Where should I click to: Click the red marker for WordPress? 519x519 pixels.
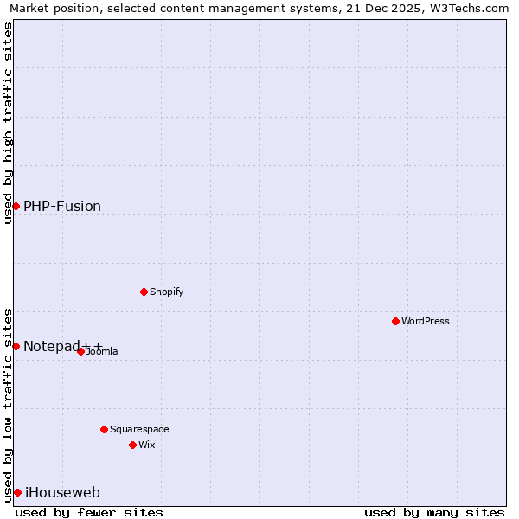395,321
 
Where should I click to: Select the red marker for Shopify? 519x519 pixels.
144,292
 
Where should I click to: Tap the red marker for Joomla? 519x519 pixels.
80,351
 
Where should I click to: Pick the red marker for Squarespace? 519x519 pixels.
104,429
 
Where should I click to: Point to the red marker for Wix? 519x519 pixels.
132,445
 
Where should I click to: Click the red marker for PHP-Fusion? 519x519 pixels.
16,206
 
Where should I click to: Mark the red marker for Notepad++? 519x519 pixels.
16,346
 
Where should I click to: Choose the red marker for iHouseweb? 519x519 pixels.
17,492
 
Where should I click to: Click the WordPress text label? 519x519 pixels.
426,321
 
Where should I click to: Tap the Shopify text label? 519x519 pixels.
166,292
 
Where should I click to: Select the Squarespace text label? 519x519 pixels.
139,429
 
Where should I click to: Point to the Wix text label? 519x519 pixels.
146,445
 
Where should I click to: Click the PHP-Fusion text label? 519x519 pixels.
62,206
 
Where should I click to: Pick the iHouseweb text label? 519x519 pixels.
62,492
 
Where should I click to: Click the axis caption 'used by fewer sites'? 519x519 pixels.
89,512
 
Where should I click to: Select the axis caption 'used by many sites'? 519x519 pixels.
434,512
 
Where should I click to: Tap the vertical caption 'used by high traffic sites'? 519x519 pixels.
8,123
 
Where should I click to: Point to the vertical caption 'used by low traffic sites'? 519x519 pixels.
8,404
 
